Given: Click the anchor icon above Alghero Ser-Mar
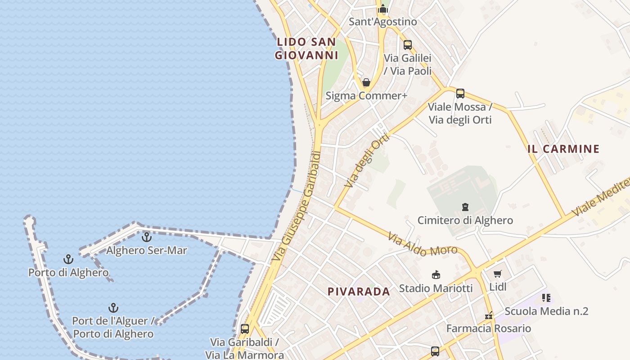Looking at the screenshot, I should (x=147, y=237).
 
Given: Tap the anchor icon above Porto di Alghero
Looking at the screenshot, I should (x=68, y=259).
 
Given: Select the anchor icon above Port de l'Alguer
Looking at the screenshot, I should (x=113, y=308).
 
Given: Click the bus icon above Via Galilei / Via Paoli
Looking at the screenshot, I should (x=407, y=45).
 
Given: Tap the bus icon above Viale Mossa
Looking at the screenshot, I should (x=460, y=94).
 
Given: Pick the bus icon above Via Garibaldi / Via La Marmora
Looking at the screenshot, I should (x=244, y=329).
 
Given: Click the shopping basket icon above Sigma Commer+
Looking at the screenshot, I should (x=366, y=82).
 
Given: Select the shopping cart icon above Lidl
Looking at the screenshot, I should (x=497, y=274).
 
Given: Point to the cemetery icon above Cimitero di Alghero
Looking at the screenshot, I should (x=465, y=207).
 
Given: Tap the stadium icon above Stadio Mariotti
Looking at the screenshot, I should (x=436, y=274).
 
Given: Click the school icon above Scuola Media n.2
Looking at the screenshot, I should (x=546, y=298).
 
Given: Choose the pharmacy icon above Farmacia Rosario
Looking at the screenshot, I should (x=489, y=316).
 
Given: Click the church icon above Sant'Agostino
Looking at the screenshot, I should (x=383, y=9).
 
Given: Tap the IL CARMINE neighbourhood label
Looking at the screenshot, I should (x=563, y=149).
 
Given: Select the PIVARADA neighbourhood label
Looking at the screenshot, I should (x=359, y=292).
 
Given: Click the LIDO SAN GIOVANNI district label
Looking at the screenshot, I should (x=306, y=49).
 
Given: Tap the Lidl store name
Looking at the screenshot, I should (x=498, y=287).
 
